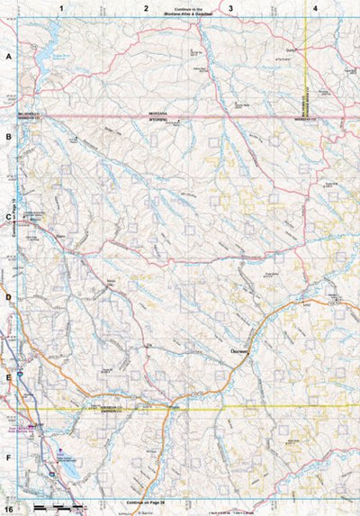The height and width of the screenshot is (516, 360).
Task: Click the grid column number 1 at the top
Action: click(x=61, y=7)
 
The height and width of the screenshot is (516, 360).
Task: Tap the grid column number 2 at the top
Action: click(x=146, y=7)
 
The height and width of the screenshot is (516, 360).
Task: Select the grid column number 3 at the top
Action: click(x=231, y=7)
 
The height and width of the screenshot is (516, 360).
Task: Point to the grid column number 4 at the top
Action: click(x=315, y=7)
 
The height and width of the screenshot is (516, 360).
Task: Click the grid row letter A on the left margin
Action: click(x=9, y=56)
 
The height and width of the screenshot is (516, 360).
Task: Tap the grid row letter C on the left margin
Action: click(x=9, y=216)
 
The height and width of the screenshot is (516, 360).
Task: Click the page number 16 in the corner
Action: click(x=8, y=510)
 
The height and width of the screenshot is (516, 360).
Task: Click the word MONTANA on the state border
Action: click(x=158, y=113)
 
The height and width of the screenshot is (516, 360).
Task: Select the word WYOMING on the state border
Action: click(x=158, y=119)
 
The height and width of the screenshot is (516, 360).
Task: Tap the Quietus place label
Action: click(x=292, y=50)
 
